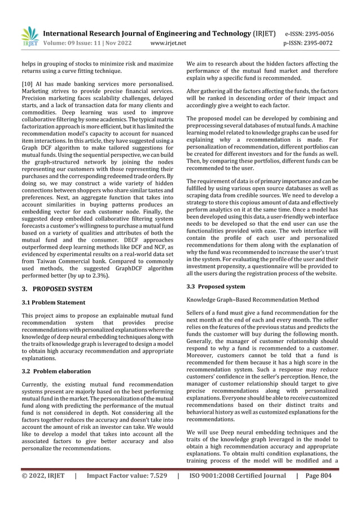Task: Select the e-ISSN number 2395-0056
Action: pyautogui.click(x=325, y=33)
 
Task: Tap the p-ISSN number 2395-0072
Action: pyautogui.click(x=325, y=43)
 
